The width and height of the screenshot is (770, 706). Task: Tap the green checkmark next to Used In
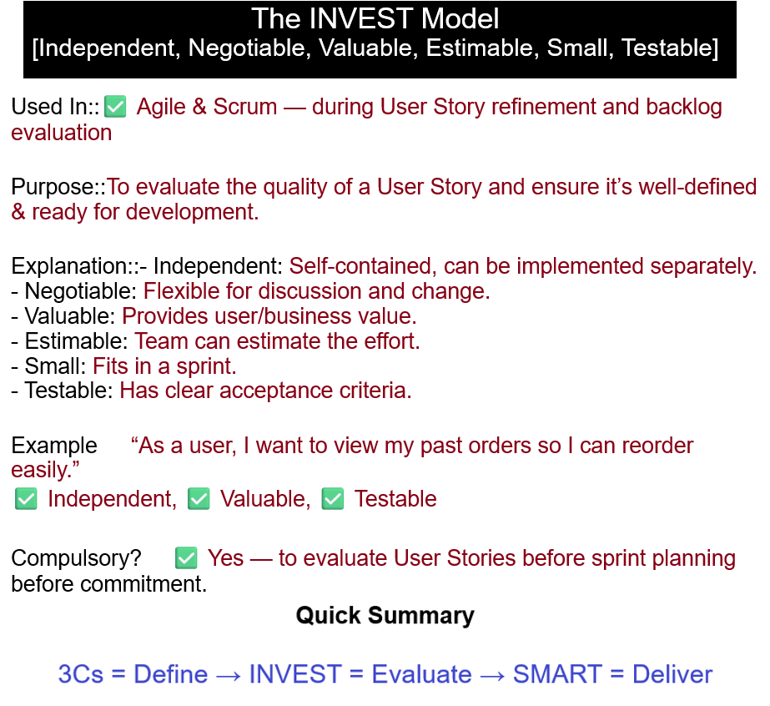pos(115,107)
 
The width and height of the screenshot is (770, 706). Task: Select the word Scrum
pos(245,107)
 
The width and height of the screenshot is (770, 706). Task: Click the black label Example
pos(54,446)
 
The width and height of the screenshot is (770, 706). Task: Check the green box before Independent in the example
pos(26,499)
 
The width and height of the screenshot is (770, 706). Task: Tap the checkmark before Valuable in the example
pos(199,499)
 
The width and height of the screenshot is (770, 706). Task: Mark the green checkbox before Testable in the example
pos(333,499)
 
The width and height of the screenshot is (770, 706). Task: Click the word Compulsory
pos(76,558)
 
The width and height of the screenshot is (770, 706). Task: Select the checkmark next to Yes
pos(186,558)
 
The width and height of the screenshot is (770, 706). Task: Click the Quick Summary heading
pos(385,615)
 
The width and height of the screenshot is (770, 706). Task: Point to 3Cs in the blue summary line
pos(81,674)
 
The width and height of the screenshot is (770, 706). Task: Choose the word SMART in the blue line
pos(557,674)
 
